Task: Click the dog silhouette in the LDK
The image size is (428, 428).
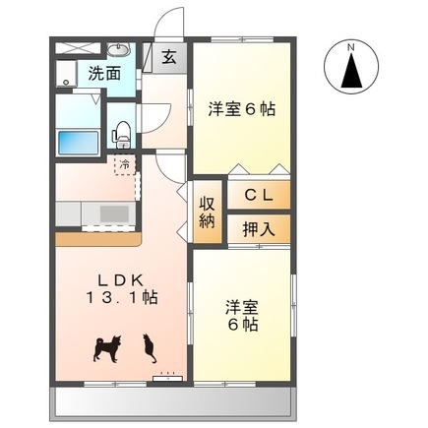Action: (x=105, y=345)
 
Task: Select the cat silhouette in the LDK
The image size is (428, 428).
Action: (x=150, y=345)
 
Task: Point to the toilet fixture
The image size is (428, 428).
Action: (x=123, y=129)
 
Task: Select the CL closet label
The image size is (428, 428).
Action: (x=259, y=194)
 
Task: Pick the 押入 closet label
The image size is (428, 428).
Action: (x=259, y=227)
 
